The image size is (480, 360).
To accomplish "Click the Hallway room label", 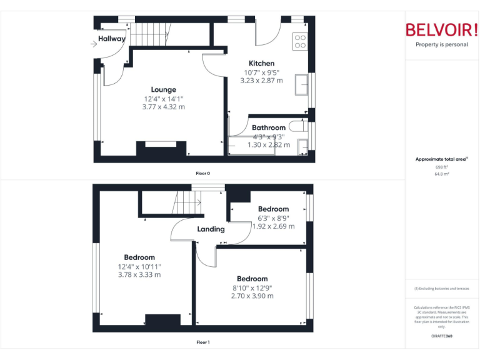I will [111, 39].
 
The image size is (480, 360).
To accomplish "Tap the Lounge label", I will [164, 89].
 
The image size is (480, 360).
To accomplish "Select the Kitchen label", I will [261, 63].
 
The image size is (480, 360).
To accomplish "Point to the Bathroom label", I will [269, 127].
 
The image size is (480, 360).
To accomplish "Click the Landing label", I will [211, 229].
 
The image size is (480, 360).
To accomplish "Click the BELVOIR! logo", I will [441, 29].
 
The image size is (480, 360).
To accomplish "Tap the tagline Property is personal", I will [441, 44].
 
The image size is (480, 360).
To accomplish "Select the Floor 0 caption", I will [203, 172].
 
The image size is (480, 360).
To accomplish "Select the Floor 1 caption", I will [203, 342].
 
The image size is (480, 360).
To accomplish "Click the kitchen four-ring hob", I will [300, 41].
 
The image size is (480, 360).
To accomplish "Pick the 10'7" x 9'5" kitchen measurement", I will [261, 72].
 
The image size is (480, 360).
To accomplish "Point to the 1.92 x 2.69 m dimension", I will [274, 226].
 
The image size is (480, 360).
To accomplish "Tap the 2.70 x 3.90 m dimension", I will [252, 296].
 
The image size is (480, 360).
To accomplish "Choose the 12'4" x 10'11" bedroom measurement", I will [139, 266].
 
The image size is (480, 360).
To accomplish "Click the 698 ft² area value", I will [441, 167].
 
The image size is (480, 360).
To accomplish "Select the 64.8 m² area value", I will [441, 174].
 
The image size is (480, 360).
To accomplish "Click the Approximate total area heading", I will [441, 159].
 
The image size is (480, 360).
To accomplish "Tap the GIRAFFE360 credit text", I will [441, 336].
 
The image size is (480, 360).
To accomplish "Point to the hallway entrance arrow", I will [94, 43].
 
